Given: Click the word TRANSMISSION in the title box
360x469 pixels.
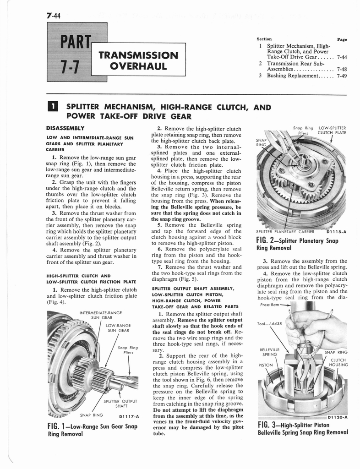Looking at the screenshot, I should coord(138,55).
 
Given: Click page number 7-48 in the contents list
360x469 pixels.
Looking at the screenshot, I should coord(341,70).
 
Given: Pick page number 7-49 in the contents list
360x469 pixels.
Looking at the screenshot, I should coord(341,76).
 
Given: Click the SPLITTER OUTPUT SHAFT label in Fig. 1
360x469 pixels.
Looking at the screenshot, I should coord(121,404).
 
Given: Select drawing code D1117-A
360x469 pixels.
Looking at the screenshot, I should coord(128,417).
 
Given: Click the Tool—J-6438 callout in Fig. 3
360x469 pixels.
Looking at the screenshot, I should coord(270,323).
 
